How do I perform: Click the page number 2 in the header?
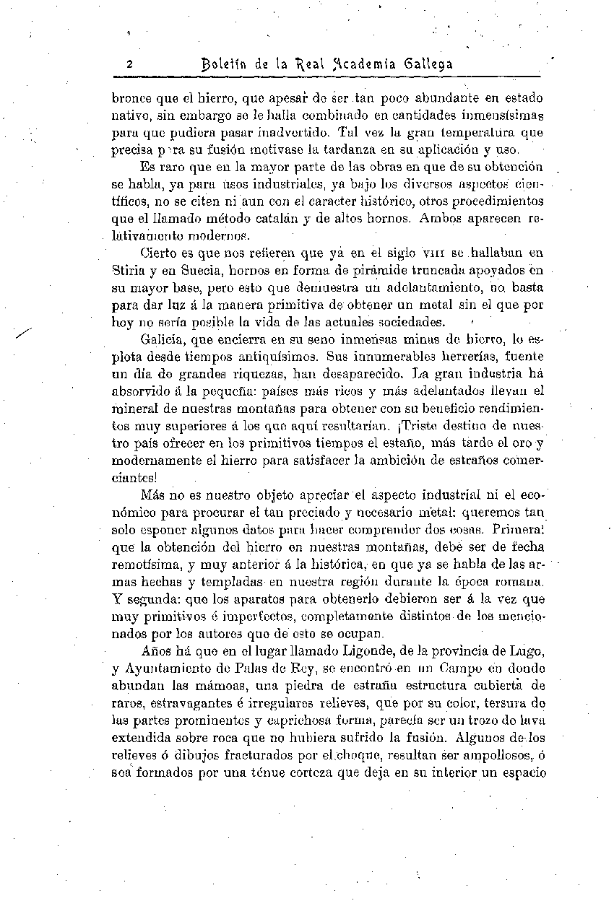click(129, 64)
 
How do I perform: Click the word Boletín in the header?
click(225, 64)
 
